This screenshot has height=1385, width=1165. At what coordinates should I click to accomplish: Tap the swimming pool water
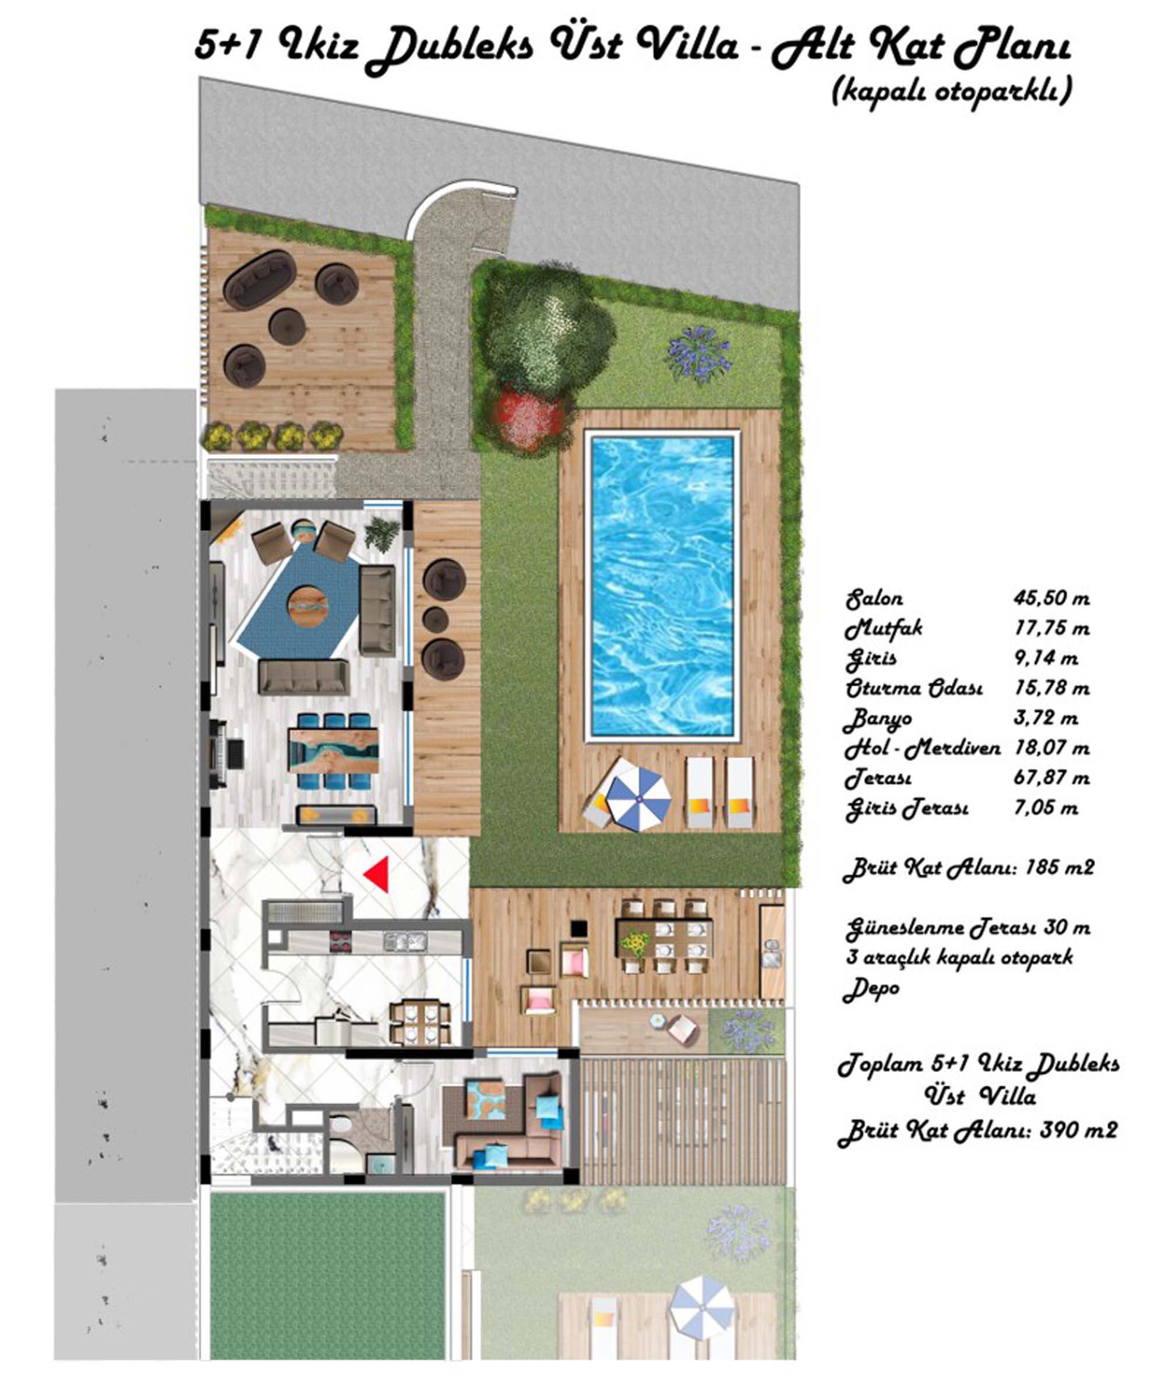663,585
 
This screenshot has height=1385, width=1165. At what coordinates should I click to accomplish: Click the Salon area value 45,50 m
1051,599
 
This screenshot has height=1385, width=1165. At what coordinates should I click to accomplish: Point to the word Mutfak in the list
884,629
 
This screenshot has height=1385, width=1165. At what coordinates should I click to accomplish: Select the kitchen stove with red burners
341,941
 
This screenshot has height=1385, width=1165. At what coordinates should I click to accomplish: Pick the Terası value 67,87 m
1052,778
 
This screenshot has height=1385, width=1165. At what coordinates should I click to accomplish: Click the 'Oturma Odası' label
914,688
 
